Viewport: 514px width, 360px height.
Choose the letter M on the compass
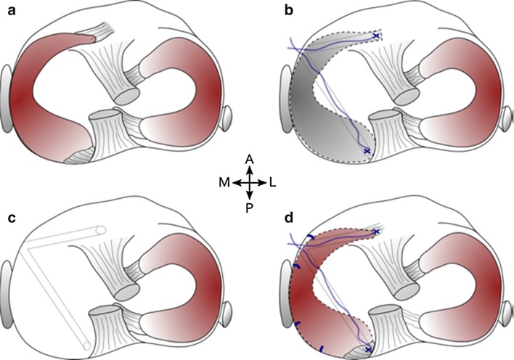[x=226, y=182]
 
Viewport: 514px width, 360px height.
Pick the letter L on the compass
[x=272, y=182]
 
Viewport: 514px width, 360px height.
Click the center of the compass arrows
[x=249, y=182]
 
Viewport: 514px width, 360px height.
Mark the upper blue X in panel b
[x=376, y=34]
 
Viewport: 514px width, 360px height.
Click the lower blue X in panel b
[x=367, y=150]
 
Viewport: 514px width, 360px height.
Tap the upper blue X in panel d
[x=376, y=232]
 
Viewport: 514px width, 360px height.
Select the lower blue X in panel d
[x=369, y=350]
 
